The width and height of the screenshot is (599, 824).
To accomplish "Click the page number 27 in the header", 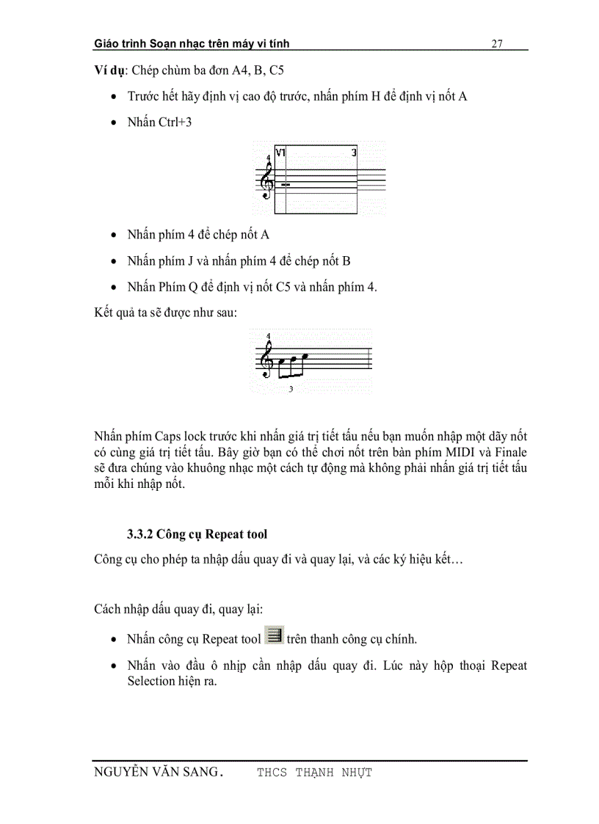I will [x=497, y=44].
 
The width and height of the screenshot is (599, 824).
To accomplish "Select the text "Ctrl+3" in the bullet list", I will [x=175, y=123].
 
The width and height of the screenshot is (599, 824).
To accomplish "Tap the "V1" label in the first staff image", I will [x=280, y=153].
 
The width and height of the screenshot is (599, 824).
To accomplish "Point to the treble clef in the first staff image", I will [x=268, y=181].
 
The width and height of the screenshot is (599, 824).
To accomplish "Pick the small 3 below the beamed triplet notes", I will [x=291, y=389].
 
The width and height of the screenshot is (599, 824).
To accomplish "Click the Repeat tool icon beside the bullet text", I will [x=274, y=636].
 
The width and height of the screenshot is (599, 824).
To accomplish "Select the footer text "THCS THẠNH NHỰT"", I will [x=314, y=773].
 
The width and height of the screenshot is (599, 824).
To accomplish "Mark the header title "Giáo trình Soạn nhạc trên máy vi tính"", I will [x=192, y=44].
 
